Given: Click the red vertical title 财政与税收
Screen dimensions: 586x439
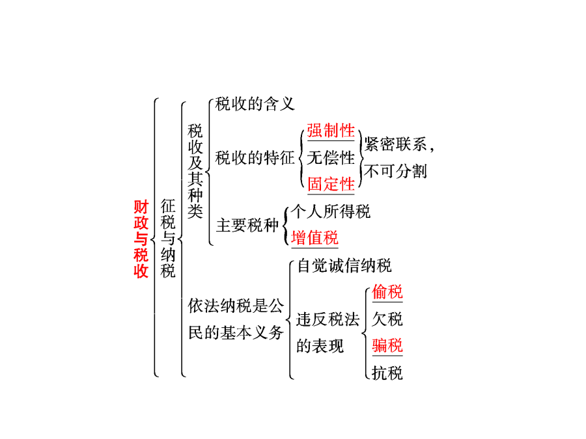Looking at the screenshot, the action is click(141, 239).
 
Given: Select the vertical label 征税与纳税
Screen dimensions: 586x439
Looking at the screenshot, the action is click(168, 238).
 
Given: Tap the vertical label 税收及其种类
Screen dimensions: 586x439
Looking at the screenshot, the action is click(195, 171).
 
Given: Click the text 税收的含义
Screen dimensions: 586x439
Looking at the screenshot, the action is click(255, 104).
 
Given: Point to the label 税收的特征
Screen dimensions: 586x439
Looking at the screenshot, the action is click(255, 157).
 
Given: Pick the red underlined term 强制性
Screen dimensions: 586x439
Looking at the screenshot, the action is click(331, 131).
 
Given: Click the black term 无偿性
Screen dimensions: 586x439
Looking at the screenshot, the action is click(331, 157).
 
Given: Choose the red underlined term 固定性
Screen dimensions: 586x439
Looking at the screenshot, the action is click(331, 184).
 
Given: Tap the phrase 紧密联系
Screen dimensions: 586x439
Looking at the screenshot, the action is click(395, 144).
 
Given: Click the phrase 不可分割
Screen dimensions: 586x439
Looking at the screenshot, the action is click(395, 171).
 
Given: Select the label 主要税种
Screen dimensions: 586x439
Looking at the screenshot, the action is click(247, 225).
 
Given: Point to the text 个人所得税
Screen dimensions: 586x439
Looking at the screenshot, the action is click(330, 211).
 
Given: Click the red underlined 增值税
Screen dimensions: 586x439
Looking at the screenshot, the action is click(314, 238).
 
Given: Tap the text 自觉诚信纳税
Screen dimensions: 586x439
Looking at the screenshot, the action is click(344, 265).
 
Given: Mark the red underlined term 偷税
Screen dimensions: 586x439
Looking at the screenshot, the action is click(387, 291).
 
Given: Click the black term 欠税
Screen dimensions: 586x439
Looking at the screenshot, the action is click(387, 319).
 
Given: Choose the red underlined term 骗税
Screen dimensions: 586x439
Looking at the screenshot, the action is click(387, 345).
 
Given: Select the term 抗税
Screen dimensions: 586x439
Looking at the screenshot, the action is click(387, 373).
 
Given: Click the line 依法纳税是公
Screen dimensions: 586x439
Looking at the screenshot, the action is click(236, 306).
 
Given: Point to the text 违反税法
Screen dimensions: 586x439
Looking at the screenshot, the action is click(328, 319).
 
